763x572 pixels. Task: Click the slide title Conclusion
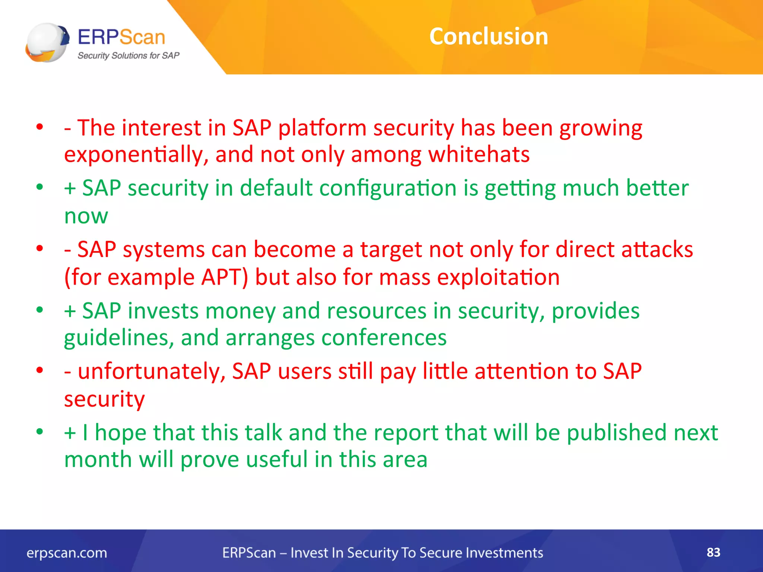click(x=488, y=36)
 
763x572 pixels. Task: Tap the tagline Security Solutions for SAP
click(x=128, y=56)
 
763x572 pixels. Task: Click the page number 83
click(x=713, y=552)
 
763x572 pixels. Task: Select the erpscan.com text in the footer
click(x=67, y=553)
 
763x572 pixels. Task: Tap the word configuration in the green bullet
click(x=387, y=188)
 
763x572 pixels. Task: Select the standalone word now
click(x=86, y=216)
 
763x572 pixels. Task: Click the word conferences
click(x=384, y=338)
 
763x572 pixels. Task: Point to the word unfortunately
click(x=152, y=372)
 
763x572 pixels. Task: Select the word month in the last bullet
click(x=98, y=460)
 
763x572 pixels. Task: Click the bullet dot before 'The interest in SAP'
click(x=40, y=127)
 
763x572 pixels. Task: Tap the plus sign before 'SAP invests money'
click(x=70, y=311)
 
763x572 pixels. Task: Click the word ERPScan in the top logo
click(x=121, y=37)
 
